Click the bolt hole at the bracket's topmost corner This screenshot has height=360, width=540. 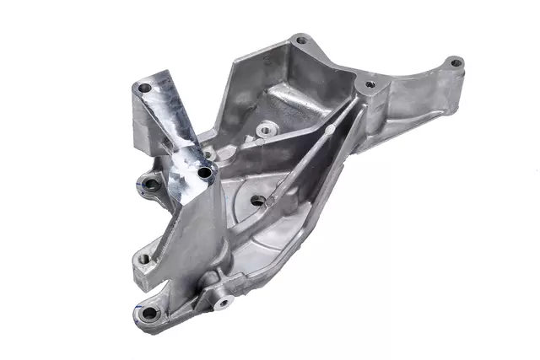pos(302,40)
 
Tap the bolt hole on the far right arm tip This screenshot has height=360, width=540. pos(454,62)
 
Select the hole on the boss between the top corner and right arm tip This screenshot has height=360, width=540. pos(369,84)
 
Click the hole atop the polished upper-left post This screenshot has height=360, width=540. pos(144,87)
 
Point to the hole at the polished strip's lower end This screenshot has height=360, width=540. pos(203,173)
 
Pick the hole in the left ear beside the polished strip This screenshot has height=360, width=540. pos(152,182)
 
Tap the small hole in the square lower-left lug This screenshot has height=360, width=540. pos(143,259)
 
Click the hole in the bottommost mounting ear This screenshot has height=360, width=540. pos(149,314)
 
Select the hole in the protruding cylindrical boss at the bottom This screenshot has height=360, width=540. pos(223,301)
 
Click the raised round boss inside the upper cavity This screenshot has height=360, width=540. pos(267,131)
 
